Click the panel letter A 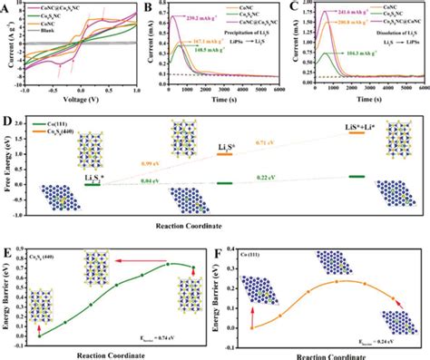[6, 6]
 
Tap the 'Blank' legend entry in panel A [50, 43]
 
